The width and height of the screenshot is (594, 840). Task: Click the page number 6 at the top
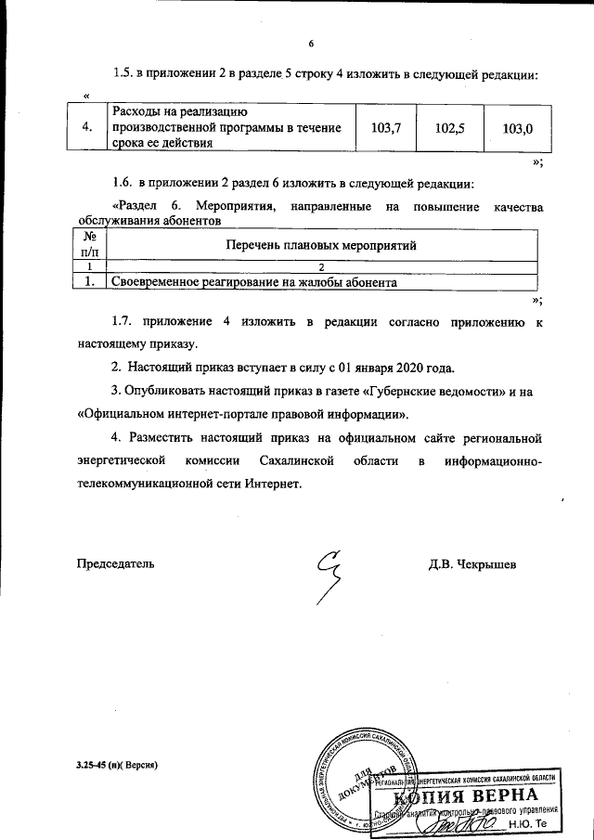(x=312, y=44)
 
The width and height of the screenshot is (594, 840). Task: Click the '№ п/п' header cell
(x=90, y=244)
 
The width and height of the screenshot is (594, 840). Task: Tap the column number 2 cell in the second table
(x=321, y=266)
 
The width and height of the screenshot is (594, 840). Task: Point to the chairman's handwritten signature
(x=330, y=568)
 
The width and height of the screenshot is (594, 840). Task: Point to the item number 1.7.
(x=123, y=321)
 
